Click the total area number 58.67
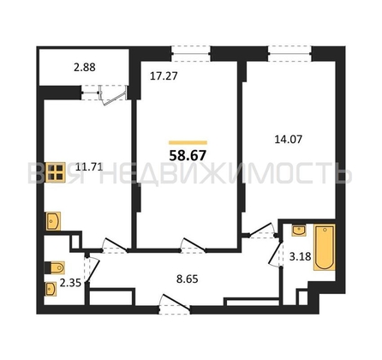tap(188, 156)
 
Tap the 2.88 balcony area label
tap(85, 68)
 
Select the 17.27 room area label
tap(164, 76)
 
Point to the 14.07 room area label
tap(288, 140)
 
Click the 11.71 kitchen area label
tap(89, 167)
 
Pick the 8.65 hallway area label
tap(188, 279)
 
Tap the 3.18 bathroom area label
tap(300, 256)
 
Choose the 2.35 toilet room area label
tap(70, 283)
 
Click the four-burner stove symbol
tap(56, 172)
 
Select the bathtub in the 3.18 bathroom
tap(325, 248)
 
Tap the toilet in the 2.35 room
tap(55, 267)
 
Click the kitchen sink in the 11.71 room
tap(53, 220)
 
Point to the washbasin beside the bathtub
tap(299, 231)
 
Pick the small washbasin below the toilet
tap(51, 289)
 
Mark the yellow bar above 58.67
tap(188, 142)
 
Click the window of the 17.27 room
tap(191, 53)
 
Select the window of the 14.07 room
tap(289, 53)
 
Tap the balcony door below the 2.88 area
tap(113, 93)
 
